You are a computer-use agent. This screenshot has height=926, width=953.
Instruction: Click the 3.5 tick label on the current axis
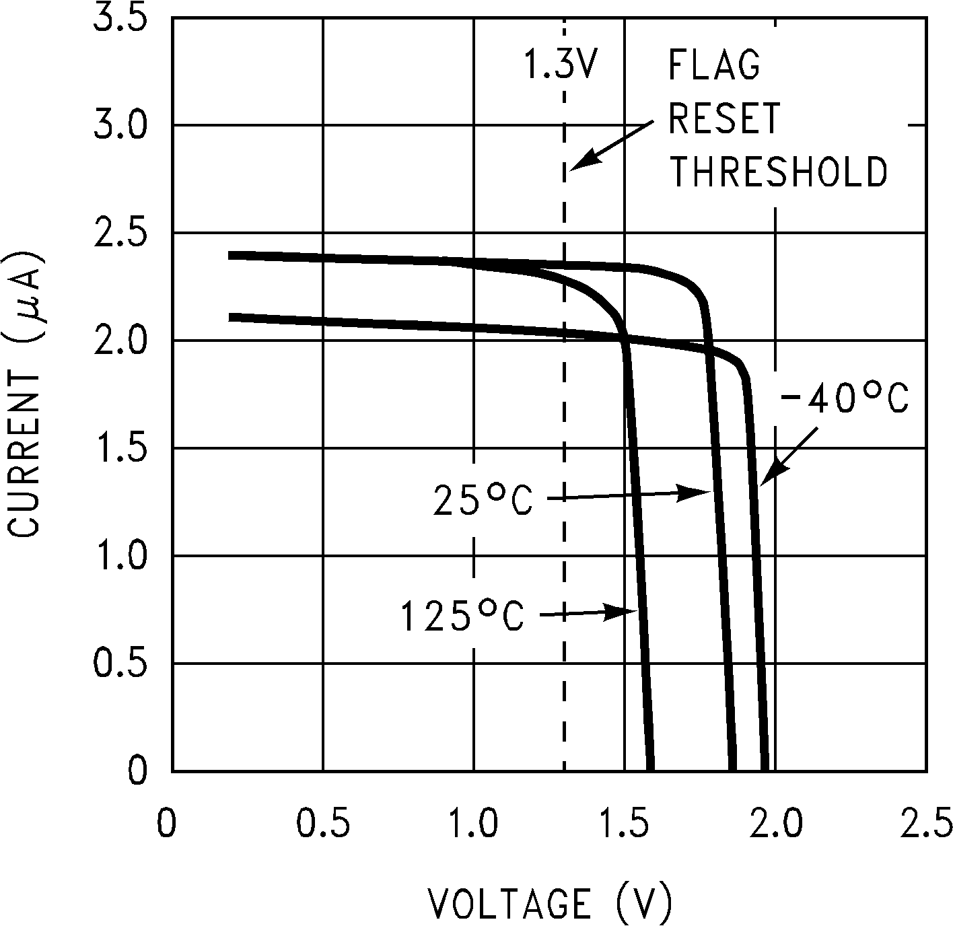(119, 17)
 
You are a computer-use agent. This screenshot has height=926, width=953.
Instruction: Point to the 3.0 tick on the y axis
(119, 125)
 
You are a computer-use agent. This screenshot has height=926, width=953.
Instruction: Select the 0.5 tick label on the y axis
(119, 664)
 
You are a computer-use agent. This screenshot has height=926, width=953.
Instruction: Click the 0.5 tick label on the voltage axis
(323, 823)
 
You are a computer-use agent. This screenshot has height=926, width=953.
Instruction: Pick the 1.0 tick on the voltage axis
(474, 823)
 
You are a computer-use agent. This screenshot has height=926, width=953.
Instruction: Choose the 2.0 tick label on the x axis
(775, 823)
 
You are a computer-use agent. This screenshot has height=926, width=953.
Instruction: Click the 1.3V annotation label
(560, 65)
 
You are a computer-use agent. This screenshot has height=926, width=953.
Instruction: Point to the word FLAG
(714, 65)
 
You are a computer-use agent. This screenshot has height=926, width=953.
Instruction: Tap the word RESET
(724, 119)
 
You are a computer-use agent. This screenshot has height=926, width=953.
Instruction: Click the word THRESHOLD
(778, 172)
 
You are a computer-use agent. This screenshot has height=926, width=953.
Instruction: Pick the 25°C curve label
(483, 500)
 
